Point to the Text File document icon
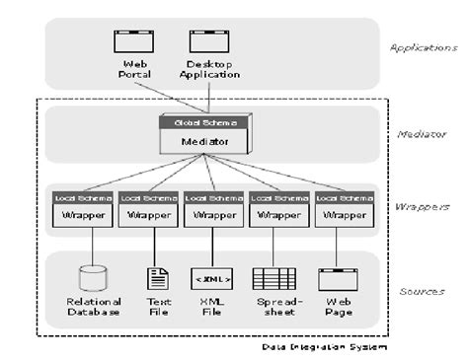point(158,278)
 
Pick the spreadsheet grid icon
point(269,278)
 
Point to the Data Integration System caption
point(324,347)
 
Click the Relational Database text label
point(93,306)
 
